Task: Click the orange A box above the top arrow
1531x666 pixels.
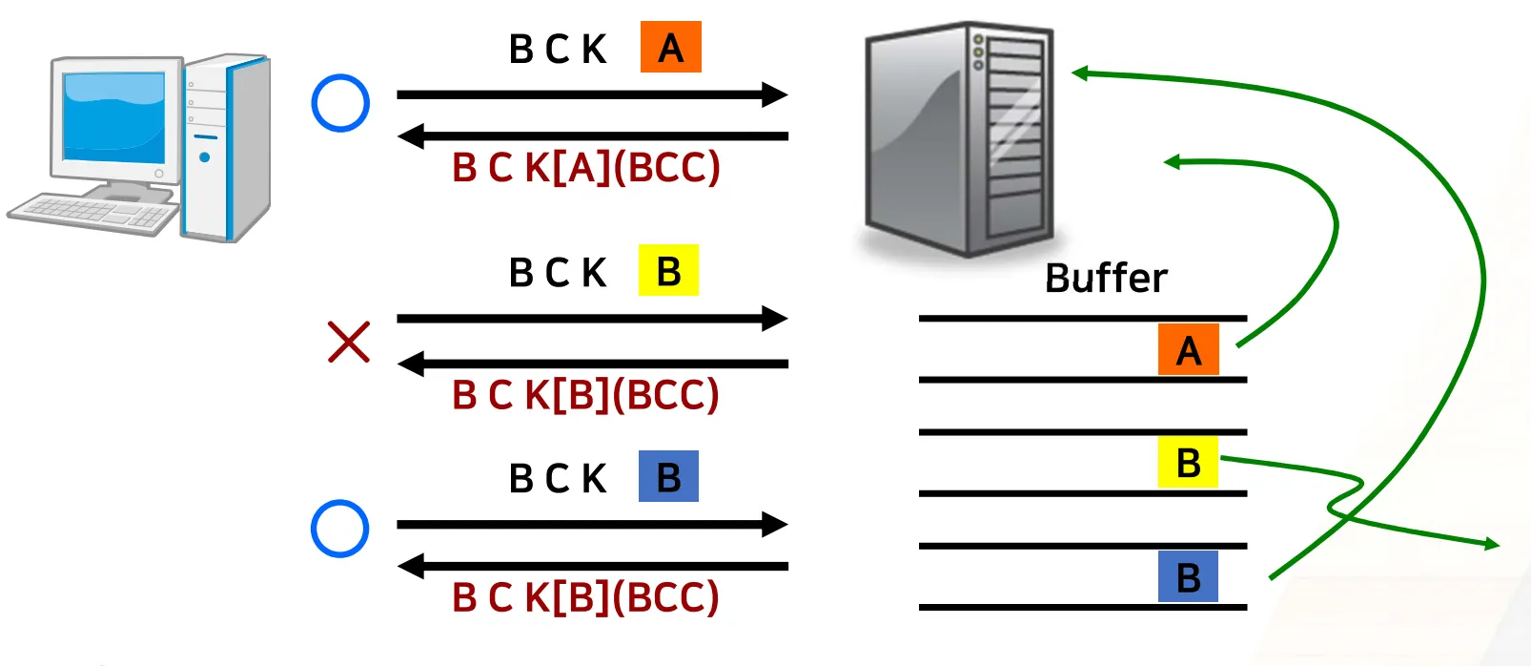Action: (x=670, y=47)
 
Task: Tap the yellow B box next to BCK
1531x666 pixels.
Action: (x=668, y=271)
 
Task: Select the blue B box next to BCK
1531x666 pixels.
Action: (x=668, y=476)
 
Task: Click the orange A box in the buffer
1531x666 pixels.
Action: (x=1188, y=349)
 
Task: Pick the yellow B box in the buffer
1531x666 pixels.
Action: (x=1188, y=462)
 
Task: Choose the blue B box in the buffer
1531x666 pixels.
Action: (x=1188, y=576)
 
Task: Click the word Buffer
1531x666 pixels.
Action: (x=1106, y=278)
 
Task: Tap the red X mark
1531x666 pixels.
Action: (x=348, y=342)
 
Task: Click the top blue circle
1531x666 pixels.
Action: (x=340, y=103)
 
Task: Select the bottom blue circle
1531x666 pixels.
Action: (x=340, y=529)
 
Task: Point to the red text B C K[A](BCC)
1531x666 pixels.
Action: (x=585, y=167)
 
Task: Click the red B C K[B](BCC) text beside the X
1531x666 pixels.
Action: (x=585, y=394)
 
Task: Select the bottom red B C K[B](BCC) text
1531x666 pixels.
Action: (x=585, y=597)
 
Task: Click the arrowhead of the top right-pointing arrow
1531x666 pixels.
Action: (x=775, y=94)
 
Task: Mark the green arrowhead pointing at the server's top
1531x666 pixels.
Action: (x=1080, y=73)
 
